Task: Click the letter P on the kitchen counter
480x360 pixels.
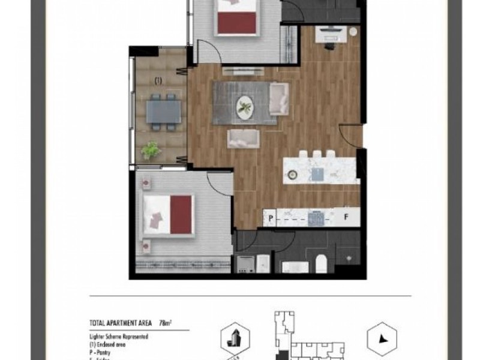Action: (x=271, y=217)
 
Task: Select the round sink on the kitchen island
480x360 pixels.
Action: (x=292, y=174)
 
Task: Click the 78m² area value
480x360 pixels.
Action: (x=165, y=322)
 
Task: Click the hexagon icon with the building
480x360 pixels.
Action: (x=233, y=339)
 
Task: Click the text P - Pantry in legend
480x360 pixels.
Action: (x=102, y=348)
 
